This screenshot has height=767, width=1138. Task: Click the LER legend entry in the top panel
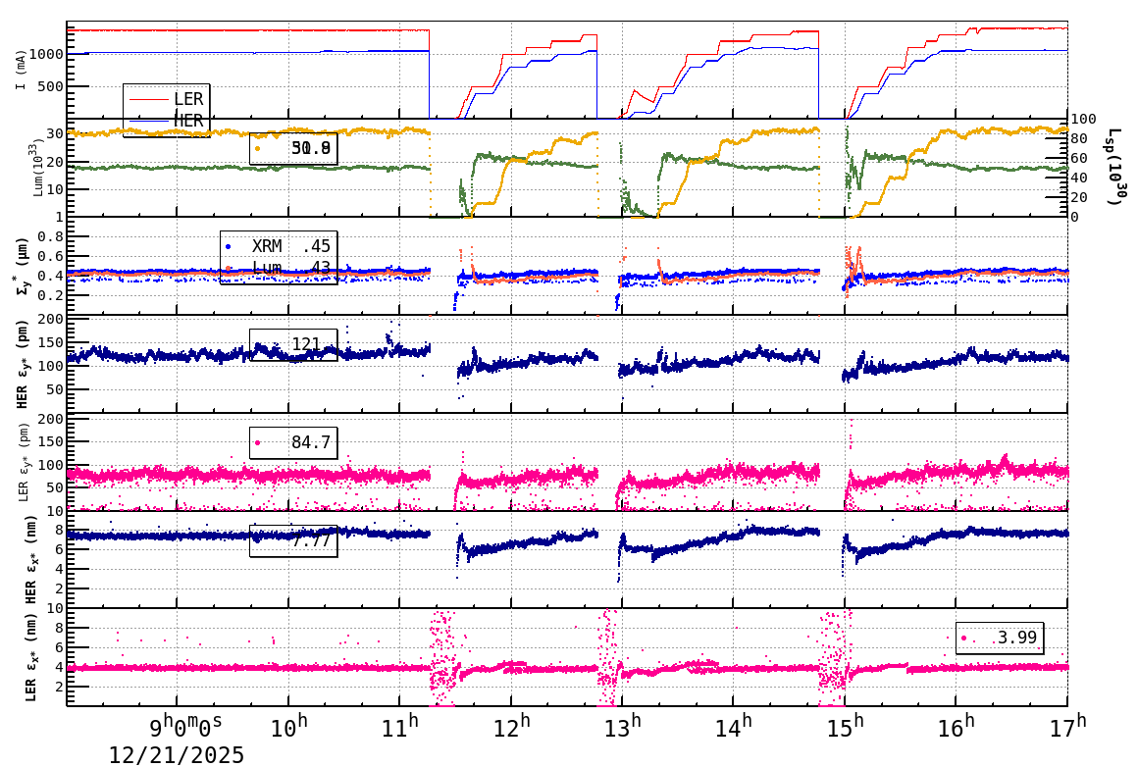(x=187, y=98)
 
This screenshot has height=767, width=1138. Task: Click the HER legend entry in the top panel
(x=187, y=120)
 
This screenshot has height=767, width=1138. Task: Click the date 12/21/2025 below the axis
(x=177, y=754)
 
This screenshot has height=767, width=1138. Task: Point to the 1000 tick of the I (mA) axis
(x=46, y=54)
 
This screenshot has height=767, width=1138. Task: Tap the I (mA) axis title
(x=21, y=70)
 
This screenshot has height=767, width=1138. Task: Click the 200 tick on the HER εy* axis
(x=50, y=319)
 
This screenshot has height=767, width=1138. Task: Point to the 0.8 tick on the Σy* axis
(x=52, y=236)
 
